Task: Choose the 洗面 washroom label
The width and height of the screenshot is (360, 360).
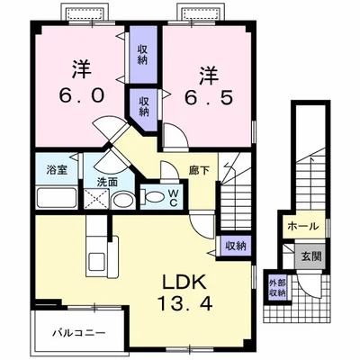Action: point(107,183)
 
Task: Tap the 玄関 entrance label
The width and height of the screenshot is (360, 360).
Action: point(310,256)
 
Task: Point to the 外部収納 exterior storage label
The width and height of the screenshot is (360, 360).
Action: point(277,288)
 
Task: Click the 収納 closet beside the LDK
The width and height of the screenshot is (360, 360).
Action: point(235,245)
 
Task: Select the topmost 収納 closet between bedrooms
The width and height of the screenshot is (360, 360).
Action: point(142,53)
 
